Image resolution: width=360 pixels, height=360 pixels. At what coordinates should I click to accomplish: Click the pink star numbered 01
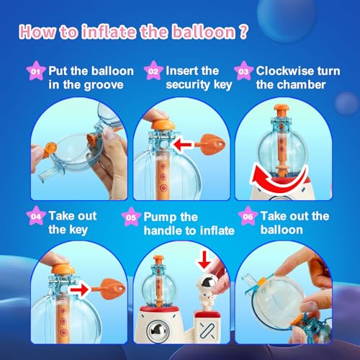point(35,71)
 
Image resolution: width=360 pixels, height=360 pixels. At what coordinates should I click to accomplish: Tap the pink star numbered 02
point(153,71)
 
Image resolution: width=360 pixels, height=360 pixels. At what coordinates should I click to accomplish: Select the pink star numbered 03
point(243,71)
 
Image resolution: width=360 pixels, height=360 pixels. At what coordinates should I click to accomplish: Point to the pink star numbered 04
point(36,216)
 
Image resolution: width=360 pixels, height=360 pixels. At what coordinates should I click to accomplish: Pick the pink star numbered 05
point(131,217)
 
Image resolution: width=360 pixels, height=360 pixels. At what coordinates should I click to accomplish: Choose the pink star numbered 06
point(248,216)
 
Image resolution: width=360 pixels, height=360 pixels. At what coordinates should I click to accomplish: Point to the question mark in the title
point(243,32)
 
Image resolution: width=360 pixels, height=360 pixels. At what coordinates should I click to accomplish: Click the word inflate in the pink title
point(109,32)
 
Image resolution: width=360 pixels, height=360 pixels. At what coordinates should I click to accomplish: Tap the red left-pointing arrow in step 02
point(183,145)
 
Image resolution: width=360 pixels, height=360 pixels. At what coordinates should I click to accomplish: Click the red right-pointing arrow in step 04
point(78,290)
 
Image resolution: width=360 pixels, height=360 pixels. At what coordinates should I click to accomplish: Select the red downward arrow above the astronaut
point(204,260)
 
